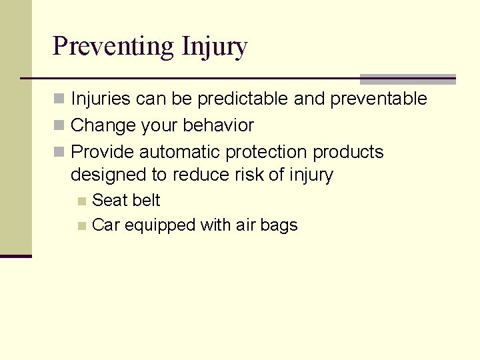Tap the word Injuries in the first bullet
coord(101,99)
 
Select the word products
coord(348,152)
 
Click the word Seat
coord(109,200)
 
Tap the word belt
coord(146,200)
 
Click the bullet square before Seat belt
coord(82,201)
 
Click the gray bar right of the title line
coord(407,79)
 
